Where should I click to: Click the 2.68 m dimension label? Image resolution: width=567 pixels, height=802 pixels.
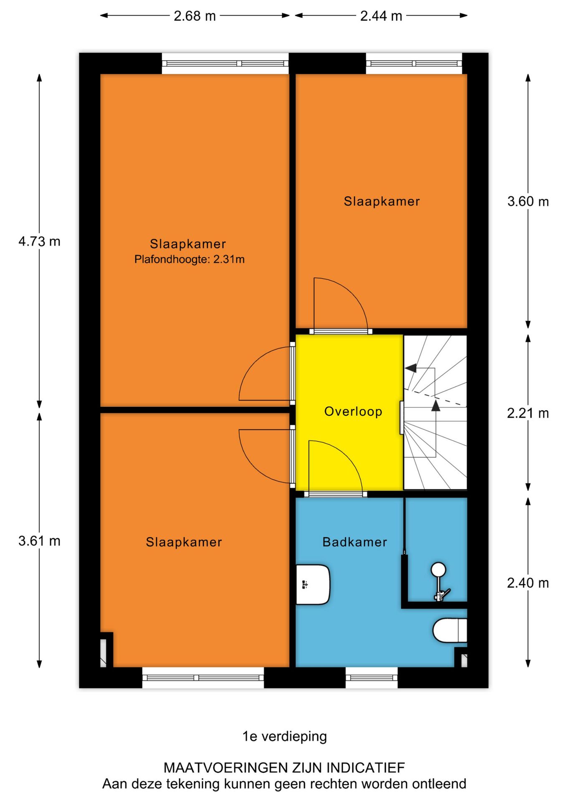coord(195,16)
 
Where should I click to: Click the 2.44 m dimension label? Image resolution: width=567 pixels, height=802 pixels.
coord(381,16)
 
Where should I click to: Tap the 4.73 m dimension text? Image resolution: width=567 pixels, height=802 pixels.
coord(39,241)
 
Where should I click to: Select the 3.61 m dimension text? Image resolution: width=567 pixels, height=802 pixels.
coord(39,541)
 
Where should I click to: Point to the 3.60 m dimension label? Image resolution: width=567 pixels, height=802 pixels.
coord(528,201)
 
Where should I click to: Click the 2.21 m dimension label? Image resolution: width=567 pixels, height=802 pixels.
coord(528,413)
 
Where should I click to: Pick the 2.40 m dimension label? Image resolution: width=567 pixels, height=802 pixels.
coord(528,583)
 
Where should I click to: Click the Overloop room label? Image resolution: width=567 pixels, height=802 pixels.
coord(353,411)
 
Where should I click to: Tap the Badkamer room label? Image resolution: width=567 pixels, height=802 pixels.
coord(354,542)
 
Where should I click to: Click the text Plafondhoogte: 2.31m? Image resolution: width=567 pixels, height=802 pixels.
coord(189,259)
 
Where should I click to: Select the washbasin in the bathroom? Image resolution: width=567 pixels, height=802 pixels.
coord(313,584)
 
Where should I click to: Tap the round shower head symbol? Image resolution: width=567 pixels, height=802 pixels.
coord(438,569)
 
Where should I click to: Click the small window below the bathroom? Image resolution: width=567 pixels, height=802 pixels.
coord(372,678)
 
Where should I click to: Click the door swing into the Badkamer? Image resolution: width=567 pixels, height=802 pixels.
coord(334,466)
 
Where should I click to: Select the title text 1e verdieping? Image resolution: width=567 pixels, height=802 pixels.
coord(284,736)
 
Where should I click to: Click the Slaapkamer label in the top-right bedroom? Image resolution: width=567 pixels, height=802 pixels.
coord(382,201)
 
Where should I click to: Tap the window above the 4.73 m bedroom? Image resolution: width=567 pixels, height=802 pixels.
coord(225,63)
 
